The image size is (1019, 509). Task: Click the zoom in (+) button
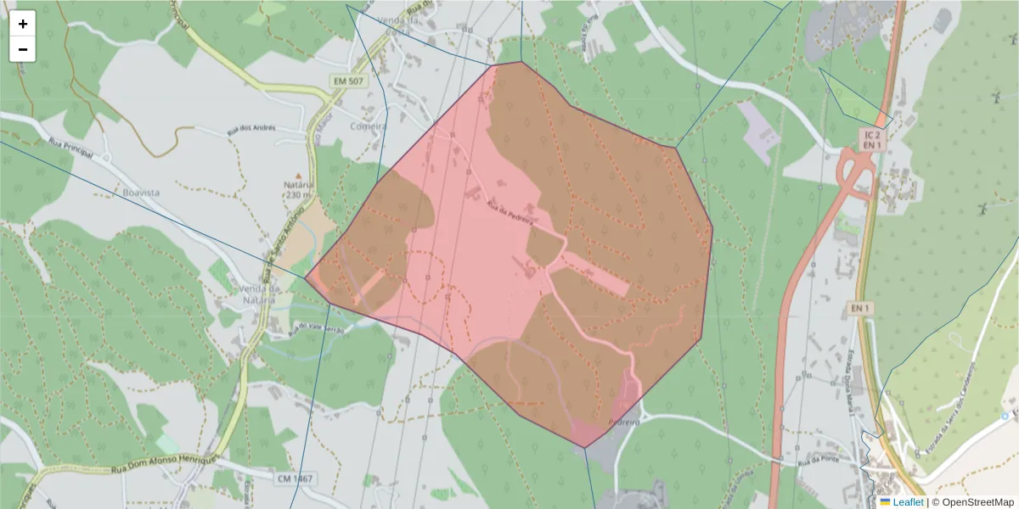(23, 24)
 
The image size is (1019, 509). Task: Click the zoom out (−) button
(23, 49)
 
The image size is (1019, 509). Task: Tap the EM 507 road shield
(346, 81)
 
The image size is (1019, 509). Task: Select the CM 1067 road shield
(295, 478)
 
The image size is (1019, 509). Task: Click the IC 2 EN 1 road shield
(871, 139)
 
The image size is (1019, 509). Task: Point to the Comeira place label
(369, 126)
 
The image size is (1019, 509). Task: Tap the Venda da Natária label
(257, 294)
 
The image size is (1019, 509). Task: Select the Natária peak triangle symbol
(297, 175)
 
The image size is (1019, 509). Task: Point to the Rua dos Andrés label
(251, 129)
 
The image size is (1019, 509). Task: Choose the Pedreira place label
(623, 422)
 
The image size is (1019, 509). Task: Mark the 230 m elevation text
(298, 195)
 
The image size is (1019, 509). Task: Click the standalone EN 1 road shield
(860, 308)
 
